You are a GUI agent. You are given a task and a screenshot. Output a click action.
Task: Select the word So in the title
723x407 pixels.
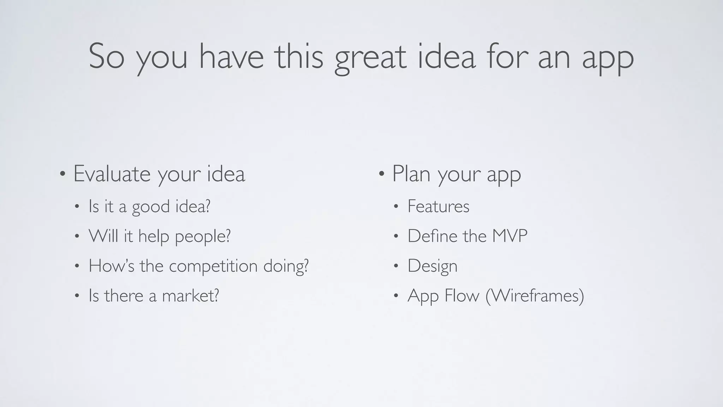[x=106, y=57]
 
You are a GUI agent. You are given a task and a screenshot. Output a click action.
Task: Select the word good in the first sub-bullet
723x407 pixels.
[x=151, y=207]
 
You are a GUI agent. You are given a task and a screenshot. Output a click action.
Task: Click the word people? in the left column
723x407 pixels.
[x=203, y=237]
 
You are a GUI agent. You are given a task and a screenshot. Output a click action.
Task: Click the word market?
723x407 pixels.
[x=190, y=296]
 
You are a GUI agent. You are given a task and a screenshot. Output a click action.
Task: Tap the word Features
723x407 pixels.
[x=438, y=207]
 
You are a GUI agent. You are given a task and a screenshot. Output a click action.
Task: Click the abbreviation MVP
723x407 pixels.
[x=509, y=236]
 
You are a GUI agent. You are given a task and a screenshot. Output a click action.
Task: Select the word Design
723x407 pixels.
[x=432, y=266]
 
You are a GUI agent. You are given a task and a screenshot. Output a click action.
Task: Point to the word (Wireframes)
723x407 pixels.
[x=534, y=296]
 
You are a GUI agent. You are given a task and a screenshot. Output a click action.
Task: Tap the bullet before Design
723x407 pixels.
[x=396, y=266]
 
